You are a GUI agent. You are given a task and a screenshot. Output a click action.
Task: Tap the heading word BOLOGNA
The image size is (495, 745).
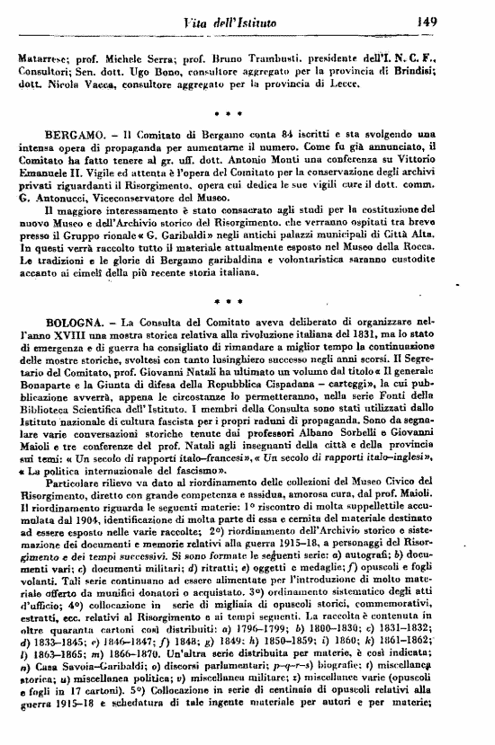pyautogui.click(x=77, y=320)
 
